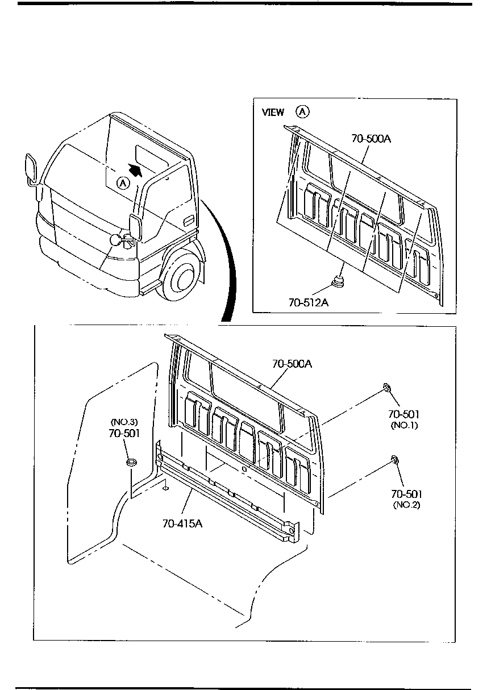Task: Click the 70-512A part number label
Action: point(309,302)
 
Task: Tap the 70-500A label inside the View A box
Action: point(371,138)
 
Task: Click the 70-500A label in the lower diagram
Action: point(292,364)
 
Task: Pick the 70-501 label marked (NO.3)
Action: point(124,433)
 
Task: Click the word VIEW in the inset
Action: point(273,113)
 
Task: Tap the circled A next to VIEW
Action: point(303,111)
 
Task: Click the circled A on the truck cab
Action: point(123,183)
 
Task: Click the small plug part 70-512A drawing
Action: point(338,281)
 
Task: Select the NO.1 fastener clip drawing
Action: point(386,388)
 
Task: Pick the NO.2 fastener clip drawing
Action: point(393,459)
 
